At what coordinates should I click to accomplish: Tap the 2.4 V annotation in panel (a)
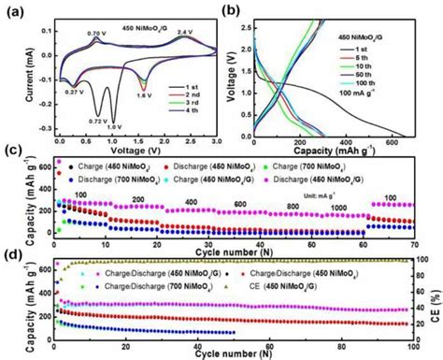(x=185, y=32)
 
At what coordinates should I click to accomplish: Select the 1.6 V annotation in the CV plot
(x=143, y=94)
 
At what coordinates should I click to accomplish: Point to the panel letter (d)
(x=8, y=252)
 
